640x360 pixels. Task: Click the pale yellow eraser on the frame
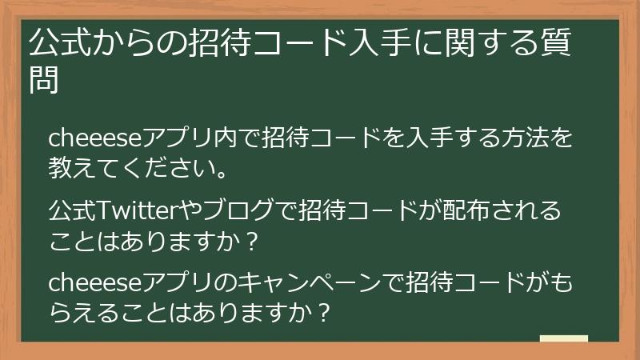click(563, 339)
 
